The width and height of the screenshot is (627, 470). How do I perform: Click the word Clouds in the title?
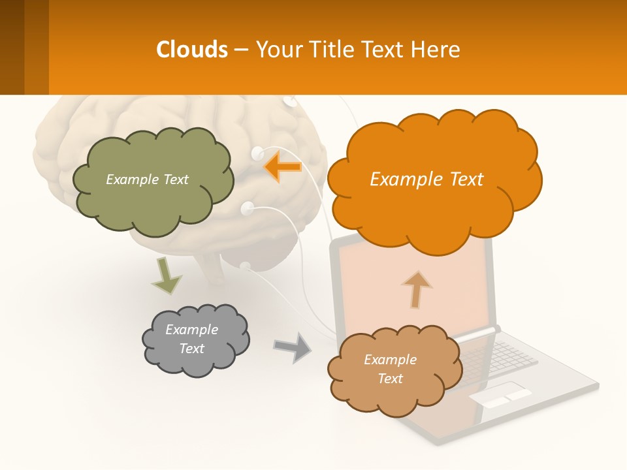click(192, 50)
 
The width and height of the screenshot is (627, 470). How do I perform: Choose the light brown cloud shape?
click(392, 392)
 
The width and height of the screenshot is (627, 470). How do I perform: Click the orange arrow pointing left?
click(282, 166)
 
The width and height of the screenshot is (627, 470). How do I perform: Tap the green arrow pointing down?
click(166, 275)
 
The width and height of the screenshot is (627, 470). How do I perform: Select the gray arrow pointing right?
click(292, 347)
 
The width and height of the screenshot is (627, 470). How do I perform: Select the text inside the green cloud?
click(147, 180)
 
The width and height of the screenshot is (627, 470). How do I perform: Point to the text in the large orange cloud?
click(426, 180)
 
